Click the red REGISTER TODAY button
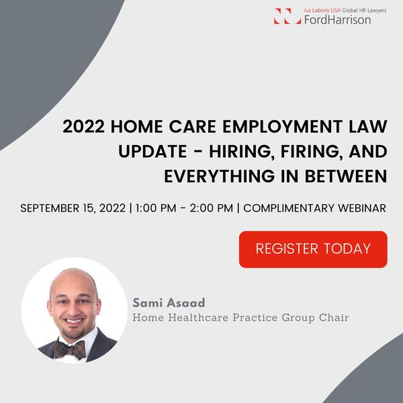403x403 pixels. click(x=313, y=249)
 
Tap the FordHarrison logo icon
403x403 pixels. click(x=287, y=16)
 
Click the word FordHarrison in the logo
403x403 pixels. click(x=337, y=19)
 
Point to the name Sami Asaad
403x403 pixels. click(x=169, y=302)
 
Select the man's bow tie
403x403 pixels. click(x=70, y=350)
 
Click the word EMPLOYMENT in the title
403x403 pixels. click(x=282, y=126)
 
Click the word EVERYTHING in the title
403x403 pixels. click(x=220, y=176)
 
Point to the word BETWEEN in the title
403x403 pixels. click(x=346, y=176)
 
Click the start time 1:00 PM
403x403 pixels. click(x=156, y=208)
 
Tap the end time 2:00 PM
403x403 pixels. click(x=212, y=208)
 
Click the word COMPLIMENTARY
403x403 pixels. click(x=289, y=208)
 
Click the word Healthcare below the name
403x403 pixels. click(x=198, y=318)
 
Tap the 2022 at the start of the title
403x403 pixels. click(x=83, y=126)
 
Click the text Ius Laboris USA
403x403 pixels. click(x=322, y=10)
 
